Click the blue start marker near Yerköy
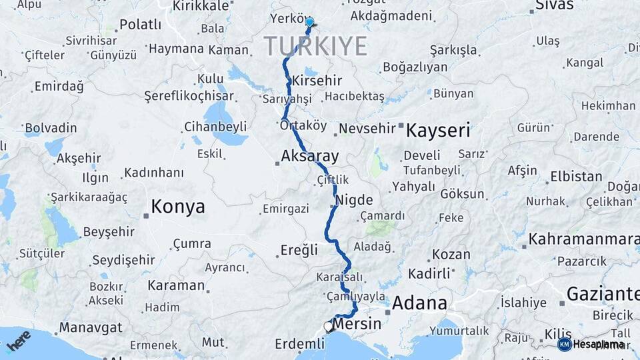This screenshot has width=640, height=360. pyautogui.click(x=309, y=23)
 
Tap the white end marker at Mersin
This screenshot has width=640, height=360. pyautogui.click(x=328, y=327)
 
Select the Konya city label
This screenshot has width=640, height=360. pyautogui.click(x=178, y=207)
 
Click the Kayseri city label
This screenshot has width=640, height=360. pyautogui.click(x=438, y=129)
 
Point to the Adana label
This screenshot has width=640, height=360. pyautogui.click(x=419, y=303)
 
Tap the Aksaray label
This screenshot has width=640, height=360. pyautogui.click(x=310, y=156)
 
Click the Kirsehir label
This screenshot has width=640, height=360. pyautogui.click(x=317, y=81)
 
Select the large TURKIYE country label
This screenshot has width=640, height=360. pyautogui.click(x=315, y=46)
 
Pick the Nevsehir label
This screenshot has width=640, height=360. pyautogui.click(x=367, y=129)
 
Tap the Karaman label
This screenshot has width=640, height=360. pyautogui.click(x=176, y=285)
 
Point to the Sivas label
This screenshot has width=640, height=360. pyautogui.click(x=554, y=5)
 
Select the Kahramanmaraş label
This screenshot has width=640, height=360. pyautogui.click(x=583, y=239)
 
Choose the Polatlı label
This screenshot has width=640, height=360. pyautogui.click(x=140, y=25)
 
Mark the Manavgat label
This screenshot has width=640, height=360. pyautogui.click(x=91, y=327)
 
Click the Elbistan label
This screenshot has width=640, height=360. pyautogui.click(x=576, y=177)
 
